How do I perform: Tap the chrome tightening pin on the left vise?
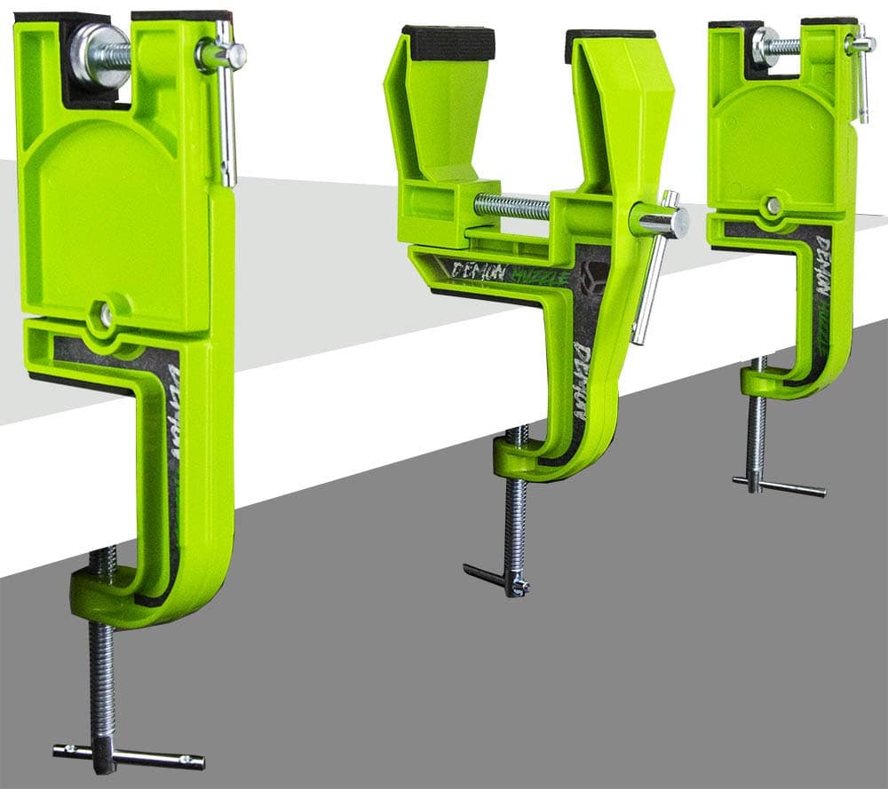click(227, 115)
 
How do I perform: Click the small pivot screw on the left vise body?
click(106, 315)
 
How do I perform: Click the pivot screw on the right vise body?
click(773, 206)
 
